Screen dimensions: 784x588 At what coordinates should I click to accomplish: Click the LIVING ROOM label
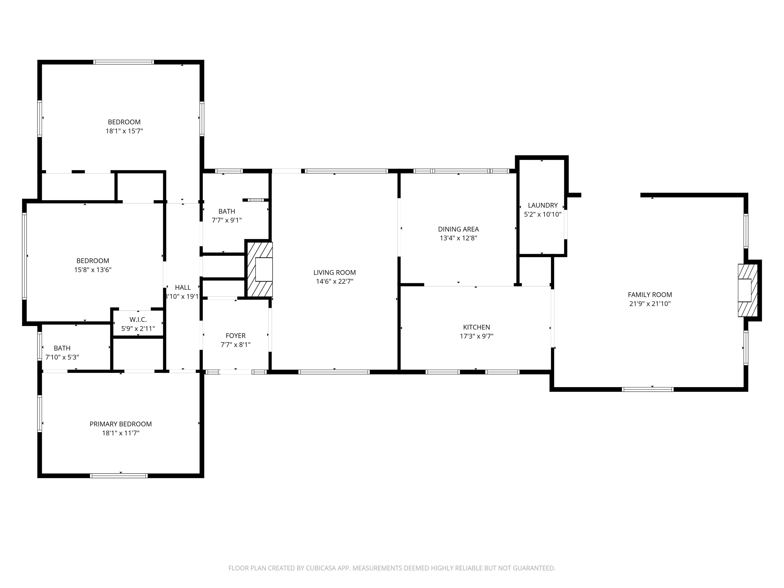(x=334, y=273)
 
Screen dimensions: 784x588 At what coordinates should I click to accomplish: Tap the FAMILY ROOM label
(x=650, y=295)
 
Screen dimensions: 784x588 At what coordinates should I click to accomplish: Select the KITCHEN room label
(x=476, y=327)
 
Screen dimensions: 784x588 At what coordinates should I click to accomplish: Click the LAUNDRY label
(x=543, y=205)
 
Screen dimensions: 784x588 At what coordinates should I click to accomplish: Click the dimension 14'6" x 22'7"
(x=335, y=281)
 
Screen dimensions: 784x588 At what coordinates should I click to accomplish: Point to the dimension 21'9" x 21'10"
(x=650, y=303)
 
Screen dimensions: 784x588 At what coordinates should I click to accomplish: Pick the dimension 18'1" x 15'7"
(x=124, y=131)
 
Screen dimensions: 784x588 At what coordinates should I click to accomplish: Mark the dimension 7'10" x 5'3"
(x=62, y=357)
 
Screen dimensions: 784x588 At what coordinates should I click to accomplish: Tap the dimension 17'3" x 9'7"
(x=476, y=336)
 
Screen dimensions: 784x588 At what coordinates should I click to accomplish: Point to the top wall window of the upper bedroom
(x=124, y=62)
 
